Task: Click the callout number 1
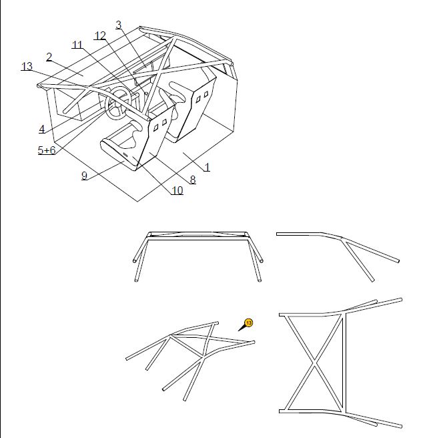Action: pyautogui.click(x=207, y=167)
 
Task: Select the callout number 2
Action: pyautogui.click(x=49, y=57)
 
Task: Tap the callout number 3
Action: pyautogui.click(x=119, y=25)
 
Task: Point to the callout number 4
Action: pyautogui.click(x=41, y=129)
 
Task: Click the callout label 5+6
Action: pyautogui.click(x=47, y=151)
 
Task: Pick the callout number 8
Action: pyautogui.click(x=192, y=180)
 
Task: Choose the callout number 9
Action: pyautogui.click(x=84, y=176)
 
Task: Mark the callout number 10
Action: pyautogui.click(x=177, y=191)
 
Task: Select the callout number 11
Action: pyautogui.click(x=77, y=45)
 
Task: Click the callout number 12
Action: pyautogui.click(x=100, y=36)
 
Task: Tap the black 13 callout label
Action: pyautogui.click(x=27, y=66)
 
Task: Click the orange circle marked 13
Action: pyautogui.click(x=249, y=322)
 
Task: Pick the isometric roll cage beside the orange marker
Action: pyautogui.click(x=190, y=357)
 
